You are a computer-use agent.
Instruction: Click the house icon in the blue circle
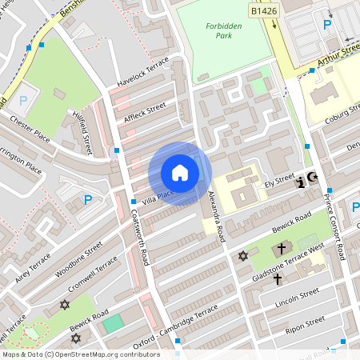[x=180, y=173]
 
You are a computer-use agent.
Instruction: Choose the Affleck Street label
[x=145, y=112]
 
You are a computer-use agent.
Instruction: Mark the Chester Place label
[x=30, y=130]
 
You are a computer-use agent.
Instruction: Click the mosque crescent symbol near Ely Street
[x=313, y=178]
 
